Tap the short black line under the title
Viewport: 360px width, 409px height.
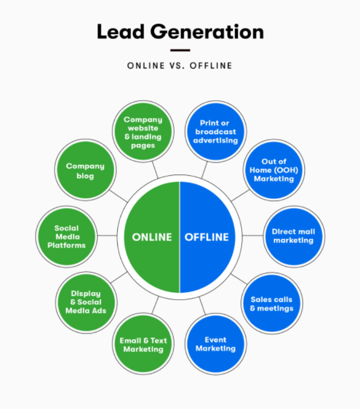pos(180,50)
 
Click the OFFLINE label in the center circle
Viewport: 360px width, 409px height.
pos(207,237)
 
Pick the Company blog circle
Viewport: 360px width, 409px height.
pos(85,170)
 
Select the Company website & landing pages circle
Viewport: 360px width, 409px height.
pos(143,132)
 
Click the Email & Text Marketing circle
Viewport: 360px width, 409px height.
pos(143,344)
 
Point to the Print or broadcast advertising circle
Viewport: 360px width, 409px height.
pos(215,132)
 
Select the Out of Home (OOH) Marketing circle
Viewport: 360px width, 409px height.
pos(274,170)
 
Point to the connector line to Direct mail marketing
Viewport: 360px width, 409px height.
pos(253,235)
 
